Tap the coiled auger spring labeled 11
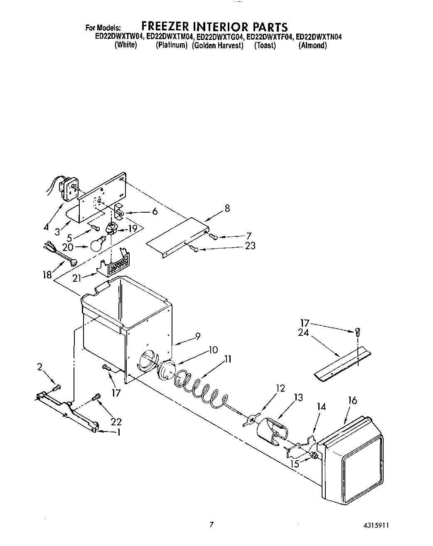[199, 385]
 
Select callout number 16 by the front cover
[352, 400]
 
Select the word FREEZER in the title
[165, 27]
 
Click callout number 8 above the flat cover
[227, 208]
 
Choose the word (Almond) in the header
[312, 45]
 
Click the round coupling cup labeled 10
[166, 369]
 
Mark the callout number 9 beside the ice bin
[197, 335]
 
